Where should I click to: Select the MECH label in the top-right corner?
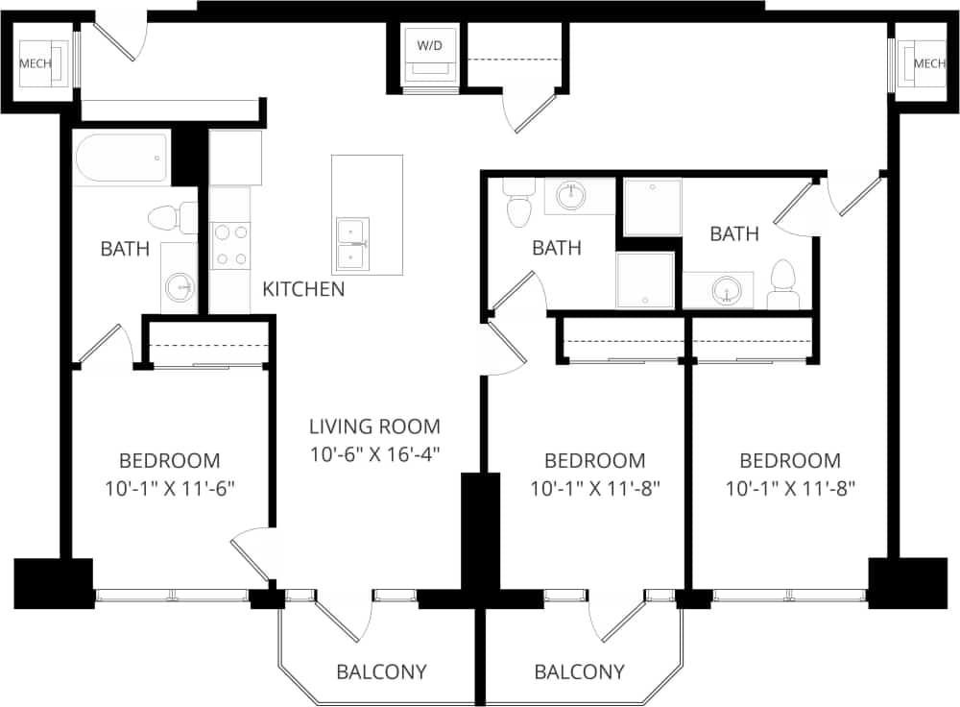coord(929,63)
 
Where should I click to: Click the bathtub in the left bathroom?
coord(121,158)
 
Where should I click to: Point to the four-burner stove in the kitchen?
coord(230,245)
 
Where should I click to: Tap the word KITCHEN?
coord(303,289)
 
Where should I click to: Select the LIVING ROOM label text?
coord(374,427)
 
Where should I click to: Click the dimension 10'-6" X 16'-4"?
coord(374,452)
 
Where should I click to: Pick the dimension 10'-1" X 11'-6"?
coord(170,487)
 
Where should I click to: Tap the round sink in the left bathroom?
coord(179,285)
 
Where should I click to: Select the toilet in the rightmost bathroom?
coord(784,283)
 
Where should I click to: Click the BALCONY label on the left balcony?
coord(381,671)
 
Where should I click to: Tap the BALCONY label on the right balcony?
coord(579,671)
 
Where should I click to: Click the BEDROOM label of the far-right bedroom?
coord(790,461)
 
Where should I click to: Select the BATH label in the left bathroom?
coord(125,250)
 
